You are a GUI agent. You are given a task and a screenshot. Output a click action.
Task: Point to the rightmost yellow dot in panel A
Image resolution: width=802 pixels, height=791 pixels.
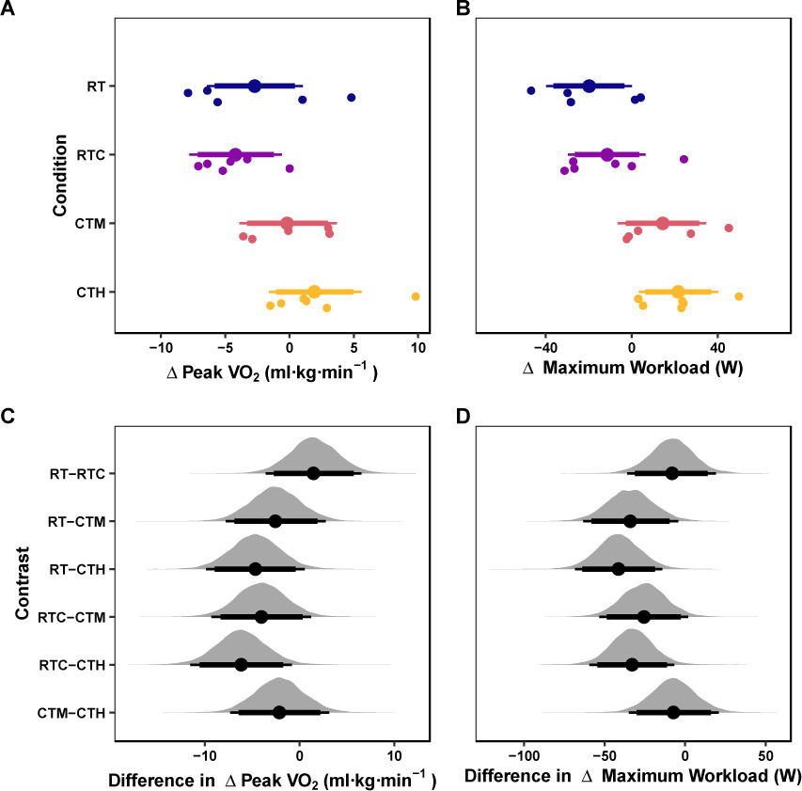416,296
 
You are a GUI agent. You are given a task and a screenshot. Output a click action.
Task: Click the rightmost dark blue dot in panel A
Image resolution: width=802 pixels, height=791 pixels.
352,98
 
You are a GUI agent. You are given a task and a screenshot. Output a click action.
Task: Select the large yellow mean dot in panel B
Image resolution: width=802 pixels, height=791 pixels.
678,292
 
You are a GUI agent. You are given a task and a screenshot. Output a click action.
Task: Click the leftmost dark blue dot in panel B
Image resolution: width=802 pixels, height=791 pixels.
531,90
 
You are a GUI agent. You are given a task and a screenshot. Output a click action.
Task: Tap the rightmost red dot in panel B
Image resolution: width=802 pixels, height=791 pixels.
729,228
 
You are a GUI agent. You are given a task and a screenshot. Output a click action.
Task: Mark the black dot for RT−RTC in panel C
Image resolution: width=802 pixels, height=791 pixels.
313,473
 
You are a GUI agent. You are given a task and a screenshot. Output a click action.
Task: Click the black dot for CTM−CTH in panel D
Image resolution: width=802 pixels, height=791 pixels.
673,712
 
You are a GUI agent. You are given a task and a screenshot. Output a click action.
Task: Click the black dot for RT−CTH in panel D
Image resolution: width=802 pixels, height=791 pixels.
618,569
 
